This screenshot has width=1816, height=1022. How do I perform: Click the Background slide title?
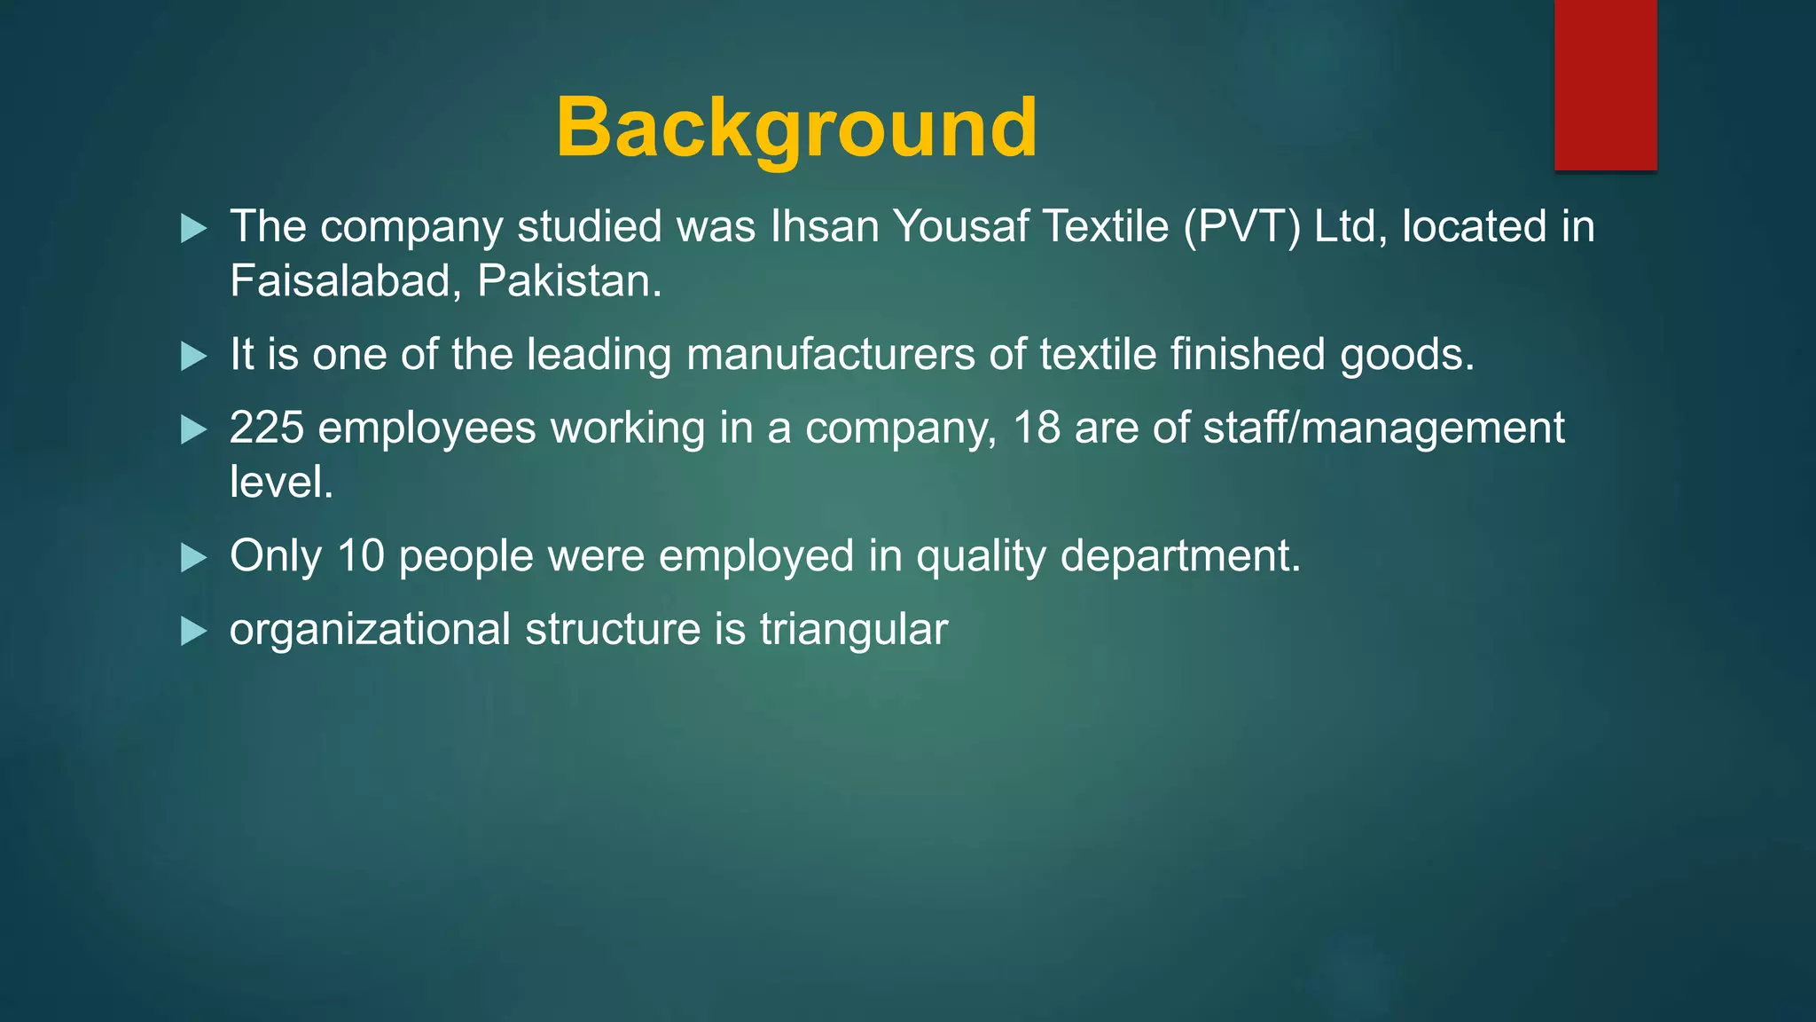pyautogui.click(x=796, y=128)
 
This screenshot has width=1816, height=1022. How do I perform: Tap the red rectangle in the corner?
pyautogui.click(x=1605, y=85)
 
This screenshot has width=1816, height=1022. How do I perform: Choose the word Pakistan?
pyautogui.click(x=569, y=281)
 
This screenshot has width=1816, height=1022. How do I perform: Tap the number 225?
pyautogui.click(x=266, y=428)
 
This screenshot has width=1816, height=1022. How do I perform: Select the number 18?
pyautogui.click(x=1037, y=428)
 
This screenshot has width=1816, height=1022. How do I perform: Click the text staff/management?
pyautogui.click(x=1383, y=428)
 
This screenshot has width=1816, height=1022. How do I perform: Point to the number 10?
pyautogui.click(x=361, y=556)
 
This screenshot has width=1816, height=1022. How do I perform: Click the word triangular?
pyautogui.click(x=853, y=630)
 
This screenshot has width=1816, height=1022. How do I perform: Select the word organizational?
pyautogui.click(x=370, y=630)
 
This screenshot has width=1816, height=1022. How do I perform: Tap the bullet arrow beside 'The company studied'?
pyautogui.click(x=193, y=229)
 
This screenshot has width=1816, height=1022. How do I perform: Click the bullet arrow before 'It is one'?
pyautogui.click(x=193, y=357)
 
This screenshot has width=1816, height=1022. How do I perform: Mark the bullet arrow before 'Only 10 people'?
pyautogui.click(x=193, y=558)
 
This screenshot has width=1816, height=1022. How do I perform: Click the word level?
pyautogui.click(x=281, y=483)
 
